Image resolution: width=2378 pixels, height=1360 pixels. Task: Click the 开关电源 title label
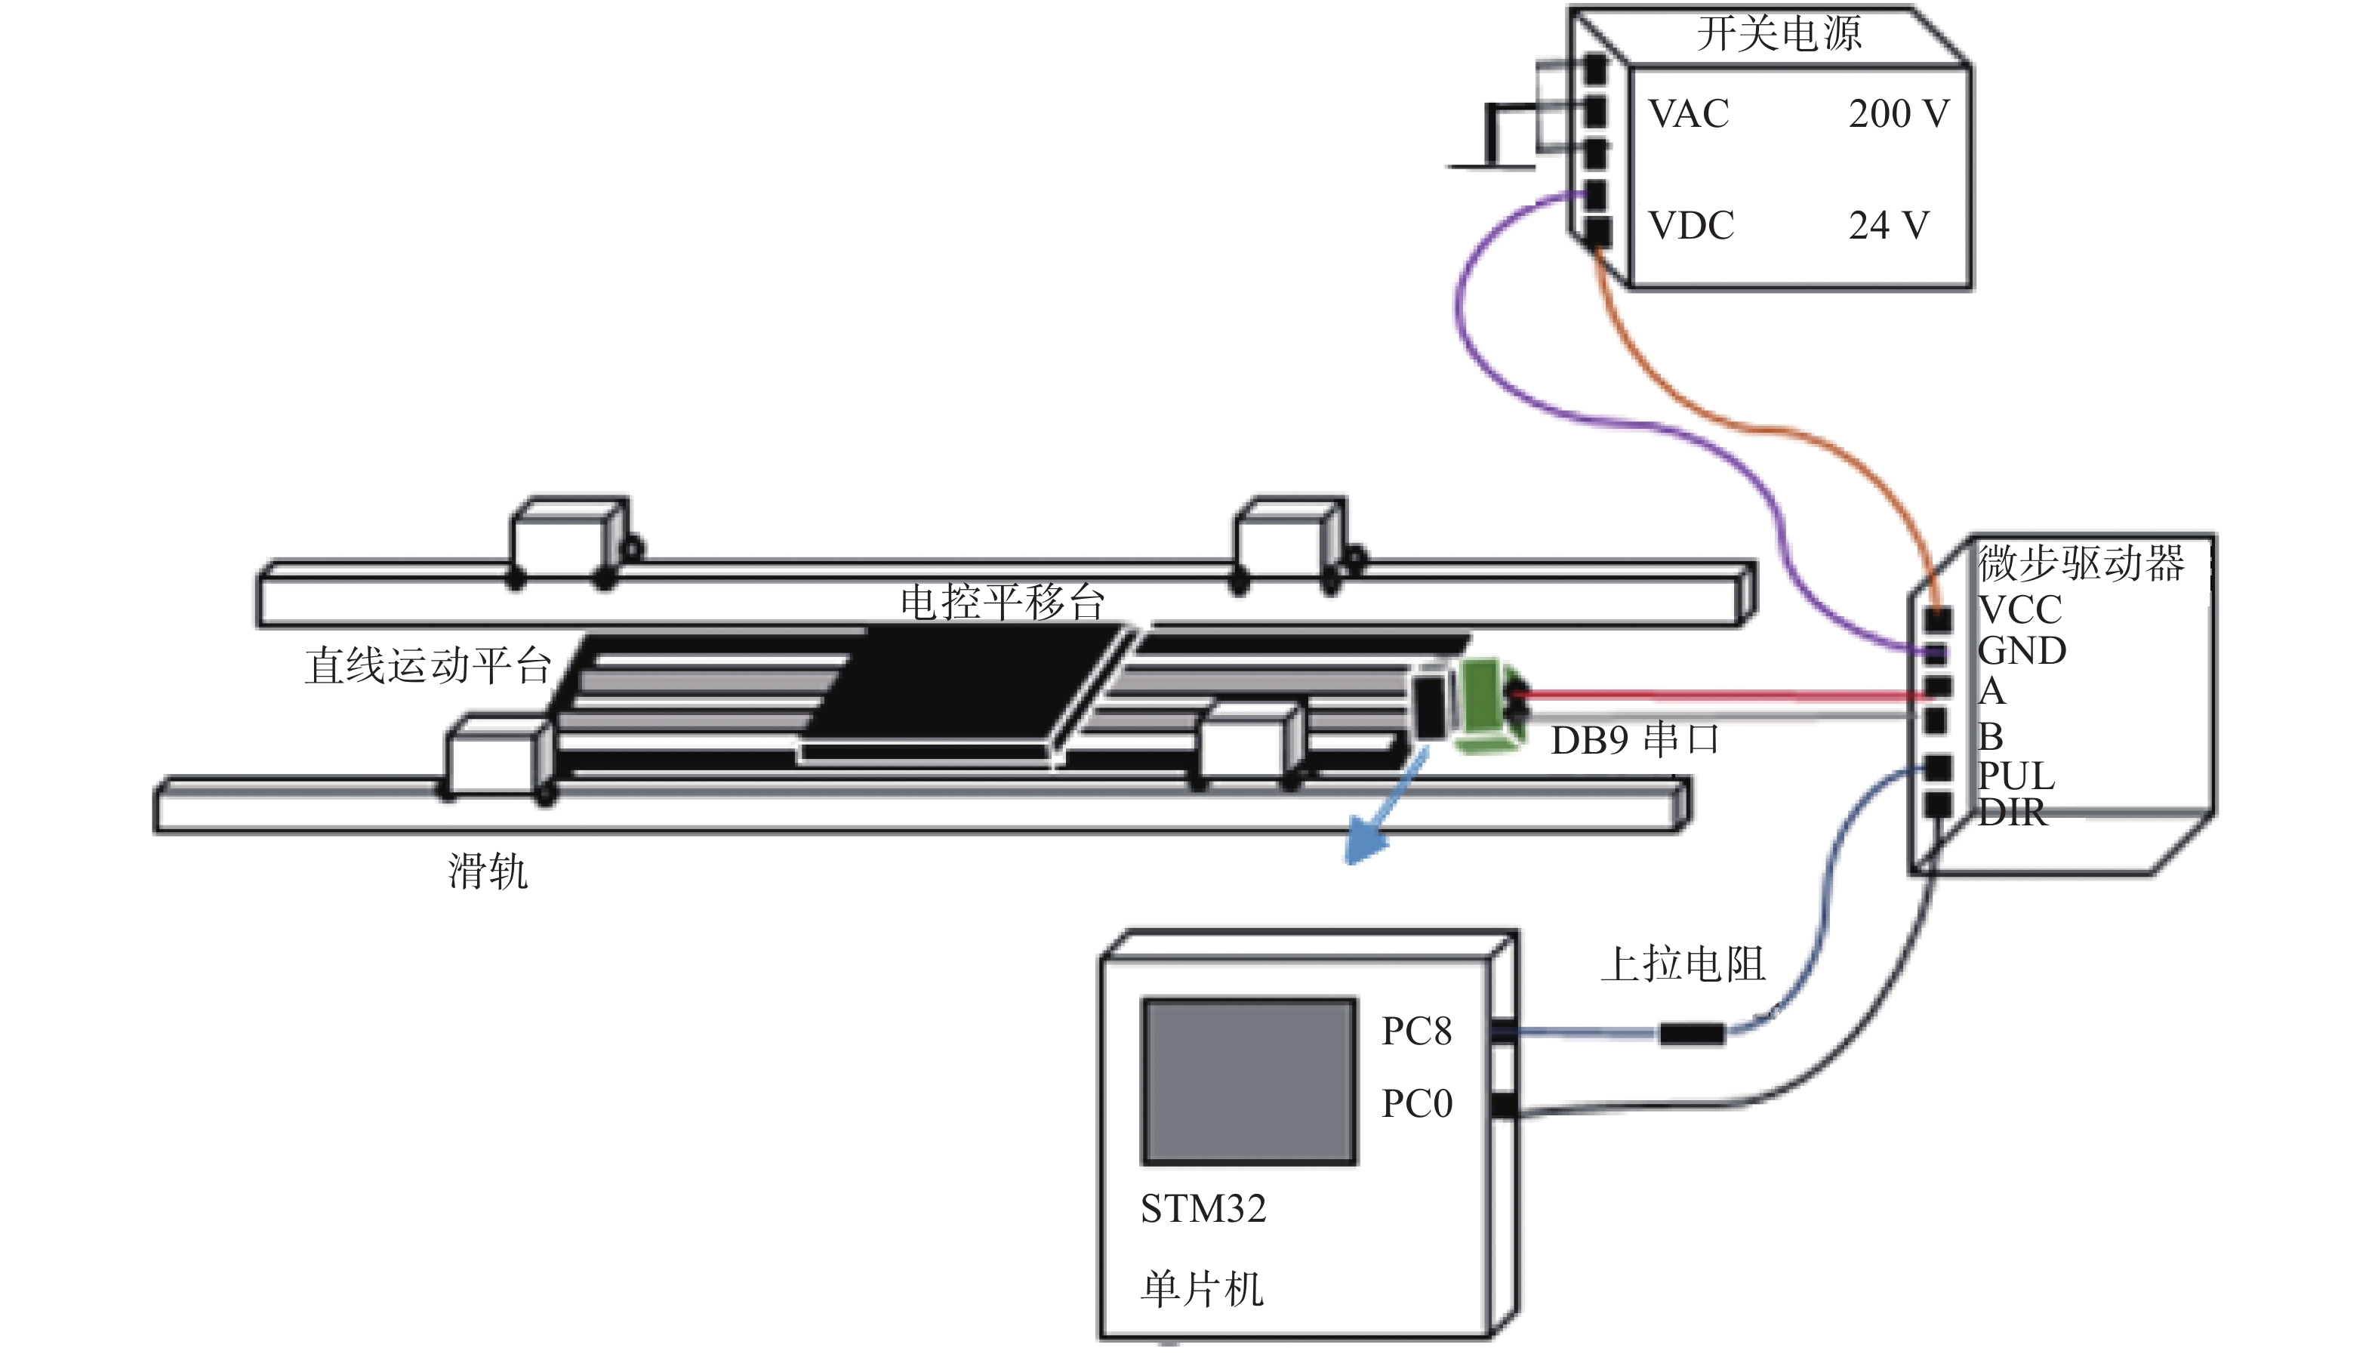1779,34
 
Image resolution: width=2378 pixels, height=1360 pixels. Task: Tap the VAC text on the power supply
1688,114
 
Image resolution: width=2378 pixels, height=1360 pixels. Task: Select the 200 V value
1898,114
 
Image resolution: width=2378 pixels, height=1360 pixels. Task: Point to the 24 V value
1888,225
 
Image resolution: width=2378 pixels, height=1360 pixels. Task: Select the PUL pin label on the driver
2016,776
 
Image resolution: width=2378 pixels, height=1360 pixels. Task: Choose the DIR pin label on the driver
2012,812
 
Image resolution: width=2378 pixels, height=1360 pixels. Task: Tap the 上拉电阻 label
1683,964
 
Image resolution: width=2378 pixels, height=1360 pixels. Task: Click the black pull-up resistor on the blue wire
1692,1034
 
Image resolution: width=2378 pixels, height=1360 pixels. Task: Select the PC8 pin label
1416,1032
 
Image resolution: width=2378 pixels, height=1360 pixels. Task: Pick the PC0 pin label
1417,1104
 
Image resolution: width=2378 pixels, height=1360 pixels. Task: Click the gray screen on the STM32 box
1249,1081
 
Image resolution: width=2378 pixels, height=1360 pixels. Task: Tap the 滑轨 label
488,871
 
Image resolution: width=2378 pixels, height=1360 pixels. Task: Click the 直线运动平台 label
427,666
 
